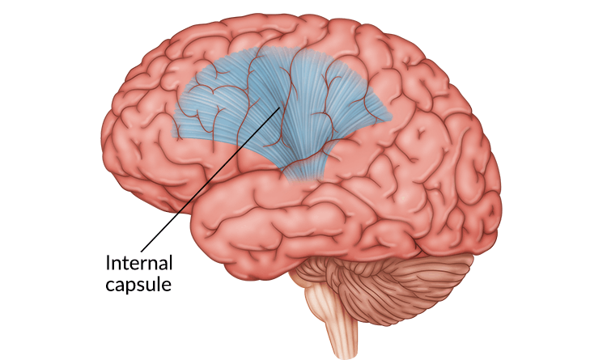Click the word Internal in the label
coord(139,263)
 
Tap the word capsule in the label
coord(138,286)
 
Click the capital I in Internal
coord(108,263)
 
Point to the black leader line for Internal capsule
coord(211,180)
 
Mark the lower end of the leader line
coord(142,252)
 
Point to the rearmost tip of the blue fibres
coord(391,116)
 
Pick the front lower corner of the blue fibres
coord(173,136)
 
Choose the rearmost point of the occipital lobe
coord(500,189)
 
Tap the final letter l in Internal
coord(171,263)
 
